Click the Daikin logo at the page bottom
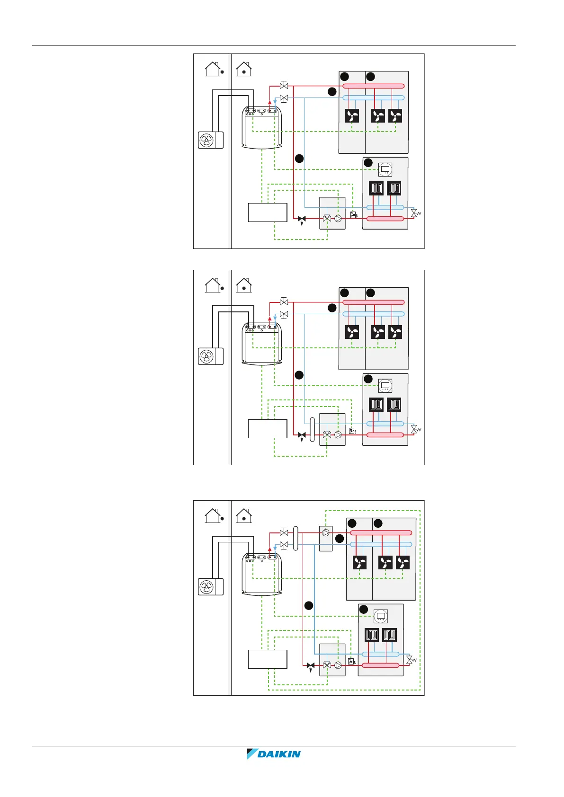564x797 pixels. pyautogui.click(x=274, y=754)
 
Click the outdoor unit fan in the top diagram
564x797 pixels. pyautogui.click(x=207, y=140)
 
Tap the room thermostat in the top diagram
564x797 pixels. pyautogui.click(x=385, y=169)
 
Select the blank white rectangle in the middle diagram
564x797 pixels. pyautogui.click(x=268, y=429)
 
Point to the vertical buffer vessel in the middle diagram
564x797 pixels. pyautogui.click(x=312, y=429)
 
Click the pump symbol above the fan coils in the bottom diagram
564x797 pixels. pyautogui.click(x=326, y=532)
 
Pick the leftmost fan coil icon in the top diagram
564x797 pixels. pyautogui.click(x=352, y=116)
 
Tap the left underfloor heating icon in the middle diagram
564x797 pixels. pyautogui.click(x=376, y=405)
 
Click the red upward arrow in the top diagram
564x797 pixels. pyautogui.click(x=270, y=102)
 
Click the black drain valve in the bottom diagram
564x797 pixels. pyautogui.click(x=311, y=665)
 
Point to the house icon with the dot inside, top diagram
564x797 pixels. pyautogui.click(x=244, y=69)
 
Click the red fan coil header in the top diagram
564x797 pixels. pyautogui.click(x=373, y=86)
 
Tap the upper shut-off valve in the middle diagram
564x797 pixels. pyautogui.click(x=284, y=301)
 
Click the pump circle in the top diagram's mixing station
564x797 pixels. pyautogui.click(x=338, y=219)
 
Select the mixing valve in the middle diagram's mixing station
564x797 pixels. pyautogui.click(x=327, y=435)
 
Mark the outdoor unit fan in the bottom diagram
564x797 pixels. pyautogui.click(x=207, y=587)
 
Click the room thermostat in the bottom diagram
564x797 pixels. pyautogui.click(x=380, y=616)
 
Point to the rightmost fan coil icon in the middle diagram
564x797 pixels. pyautogui.click(x=395, y=332)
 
